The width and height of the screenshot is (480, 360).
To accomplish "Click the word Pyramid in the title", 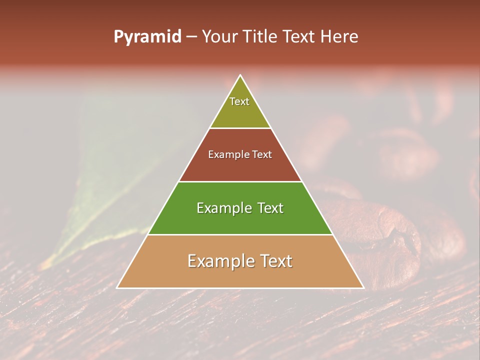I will [x=147, y=37].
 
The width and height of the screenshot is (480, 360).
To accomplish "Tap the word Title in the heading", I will [x=263, y=37].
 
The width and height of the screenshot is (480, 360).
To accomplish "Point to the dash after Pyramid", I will [x=191, y=37].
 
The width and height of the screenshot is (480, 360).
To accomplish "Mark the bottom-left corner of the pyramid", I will [x=117, y=287].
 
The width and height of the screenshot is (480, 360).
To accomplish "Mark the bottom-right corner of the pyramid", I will [x=363, y=287].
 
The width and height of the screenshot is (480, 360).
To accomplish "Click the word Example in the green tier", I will [x=223, y=208].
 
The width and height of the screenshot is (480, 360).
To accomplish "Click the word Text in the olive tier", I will [x=239, y=101].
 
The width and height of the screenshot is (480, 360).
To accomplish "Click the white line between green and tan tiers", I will [x=240, y=234].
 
